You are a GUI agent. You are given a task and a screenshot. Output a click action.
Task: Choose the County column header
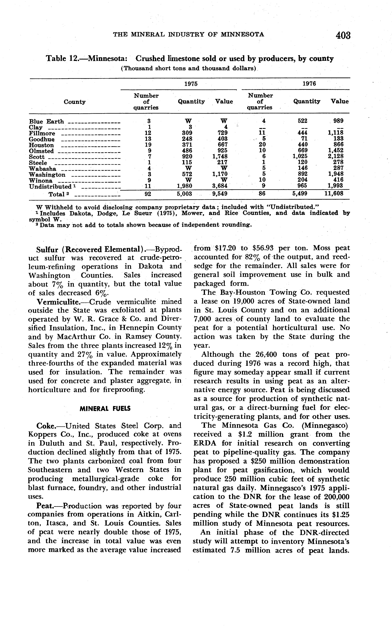(x=75, y=102)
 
